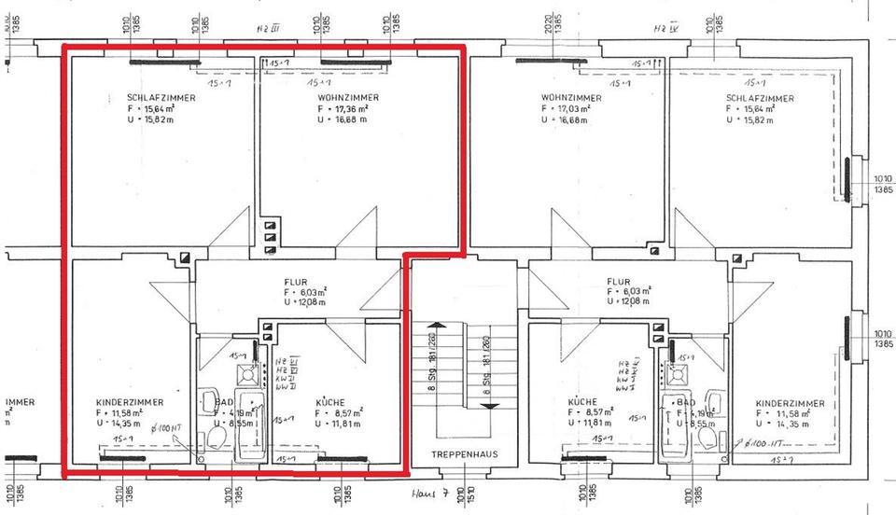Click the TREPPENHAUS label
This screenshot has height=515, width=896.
click(464, 454)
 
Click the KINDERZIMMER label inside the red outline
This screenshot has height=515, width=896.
click(129, 402)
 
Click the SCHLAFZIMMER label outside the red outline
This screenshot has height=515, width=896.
click(760, 98)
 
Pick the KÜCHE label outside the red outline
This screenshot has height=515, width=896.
click(582, 402)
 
